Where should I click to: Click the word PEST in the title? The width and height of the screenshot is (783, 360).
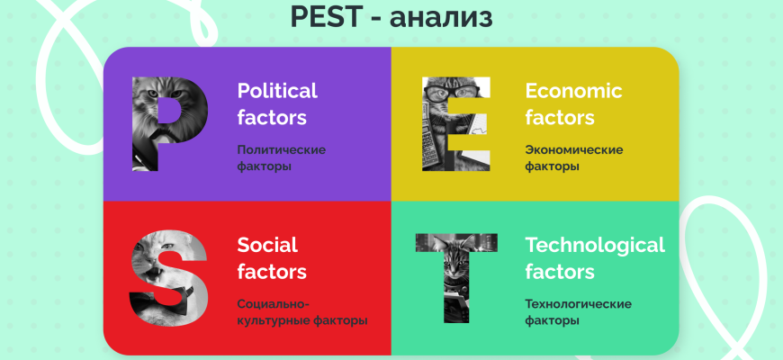tap(325, 16)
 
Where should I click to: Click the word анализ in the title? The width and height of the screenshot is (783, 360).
tap(441, 18)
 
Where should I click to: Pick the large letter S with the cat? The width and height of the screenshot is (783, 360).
tap(168, 277)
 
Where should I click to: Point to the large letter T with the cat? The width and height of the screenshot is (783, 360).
tap(456, 277)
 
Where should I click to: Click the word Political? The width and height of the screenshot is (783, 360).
tap(277, 91)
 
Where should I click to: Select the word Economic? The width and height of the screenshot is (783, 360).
tap(574, 91)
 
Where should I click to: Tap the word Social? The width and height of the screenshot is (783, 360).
tap(267, 245)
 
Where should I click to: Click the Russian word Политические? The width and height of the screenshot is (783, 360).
tap(281, 149)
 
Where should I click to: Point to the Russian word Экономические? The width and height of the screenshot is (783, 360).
tap(574, 149)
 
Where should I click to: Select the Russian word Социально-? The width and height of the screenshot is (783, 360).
tap(274, 304)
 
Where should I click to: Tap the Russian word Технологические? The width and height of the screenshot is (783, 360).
tap(579, 304)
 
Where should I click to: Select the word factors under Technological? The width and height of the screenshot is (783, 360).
tap(560, 272)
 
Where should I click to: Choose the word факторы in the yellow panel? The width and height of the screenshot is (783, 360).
tap(553, 166)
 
